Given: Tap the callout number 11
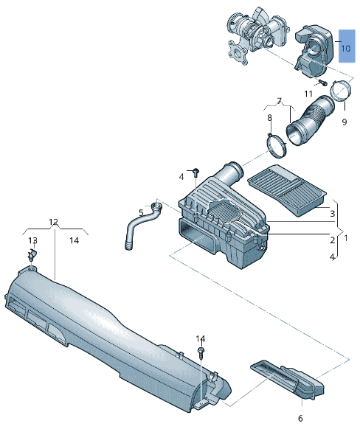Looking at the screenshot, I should [308, 94].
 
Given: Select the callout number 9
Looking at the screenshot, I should [344, 122].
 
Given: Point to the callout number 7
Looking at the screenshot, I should [279, 100].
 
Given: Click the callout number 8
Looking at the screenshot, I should [269, 117].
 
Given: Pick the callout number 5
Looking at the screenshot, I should [141, 214].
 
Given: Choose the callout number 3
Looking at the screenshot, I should [333, 214].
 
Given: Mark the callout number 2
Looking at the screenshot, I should [333, 240].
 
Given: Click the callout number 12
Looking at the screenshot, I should [53, 222].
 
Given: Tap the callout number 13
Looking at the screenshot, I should [32, 240].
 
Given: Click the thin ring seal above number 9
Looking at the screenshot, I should [339, 92].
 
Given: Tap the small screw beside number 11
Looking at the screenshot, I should [322, 83].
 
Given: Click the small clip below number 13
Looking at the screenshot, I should [32, 255].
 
